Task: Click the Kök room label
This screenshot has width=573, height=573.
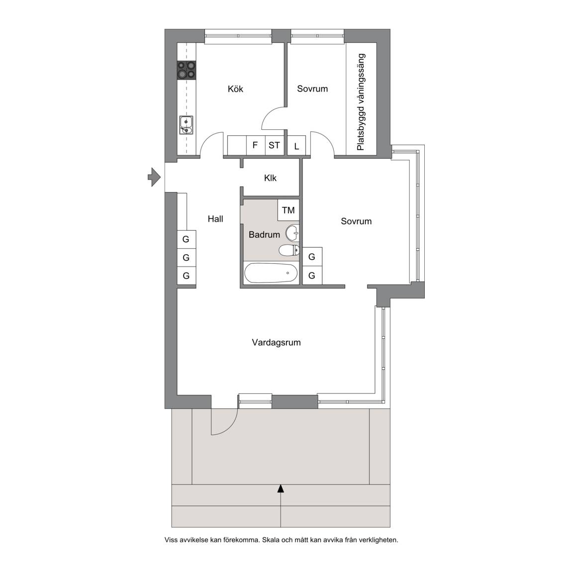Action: point(235,89)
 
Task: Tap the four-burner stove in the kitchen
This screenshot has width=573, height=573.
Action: point(187,70)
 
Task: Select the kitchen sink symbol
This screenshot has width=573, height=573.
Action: point(187,125)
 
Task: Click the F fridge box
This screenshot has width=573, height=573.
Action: point(256,145)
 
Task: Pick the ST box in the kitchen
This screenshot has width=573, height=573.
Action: point(274,145)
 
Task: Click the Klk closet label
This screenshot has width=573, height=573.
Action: point(271,178)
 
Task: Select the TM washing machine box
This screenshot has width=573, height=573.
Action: point(288,210)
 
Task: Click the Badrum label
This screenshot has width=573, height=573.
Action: point(264,235)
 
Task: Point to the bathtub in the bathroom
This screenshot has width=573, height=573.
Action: point(271,273)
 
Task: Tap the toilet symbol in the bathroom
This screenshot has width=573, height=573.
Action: point(289,251)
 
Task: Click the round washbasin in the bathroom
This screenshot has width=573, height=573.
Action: point(292,233)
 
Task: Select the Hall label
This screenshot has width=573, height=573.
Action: point(215,219)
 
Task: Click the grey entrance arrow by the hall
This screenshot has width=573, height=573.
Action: point(154,177)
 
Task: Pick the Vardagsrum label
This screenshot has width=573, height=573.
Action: point(276,342)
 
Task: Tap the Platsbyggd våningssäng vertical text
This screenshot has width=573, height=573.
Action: point(361,102)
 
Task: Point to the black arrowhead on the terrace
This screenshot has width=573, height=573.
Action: point(281,488)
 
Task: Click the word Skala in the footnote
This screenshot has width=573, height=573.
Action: point(270,540)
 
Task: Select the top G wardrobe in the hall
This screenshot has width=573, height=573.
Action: point(187,239)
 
